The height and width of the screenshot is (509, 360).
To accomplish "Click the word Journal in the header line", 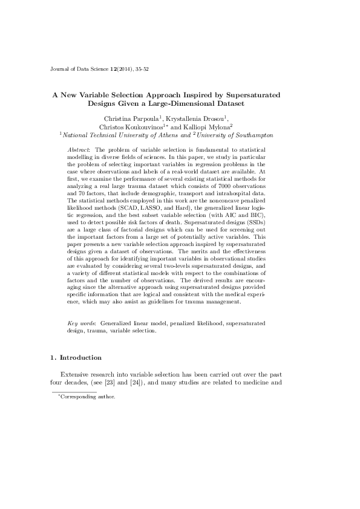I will [x=59, y=70].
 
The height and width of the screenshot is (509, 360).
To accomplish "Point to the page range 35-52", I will [x=141, y=70].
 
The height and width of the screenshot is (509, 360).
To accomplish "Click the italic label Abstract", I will [x=78, y=149].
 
